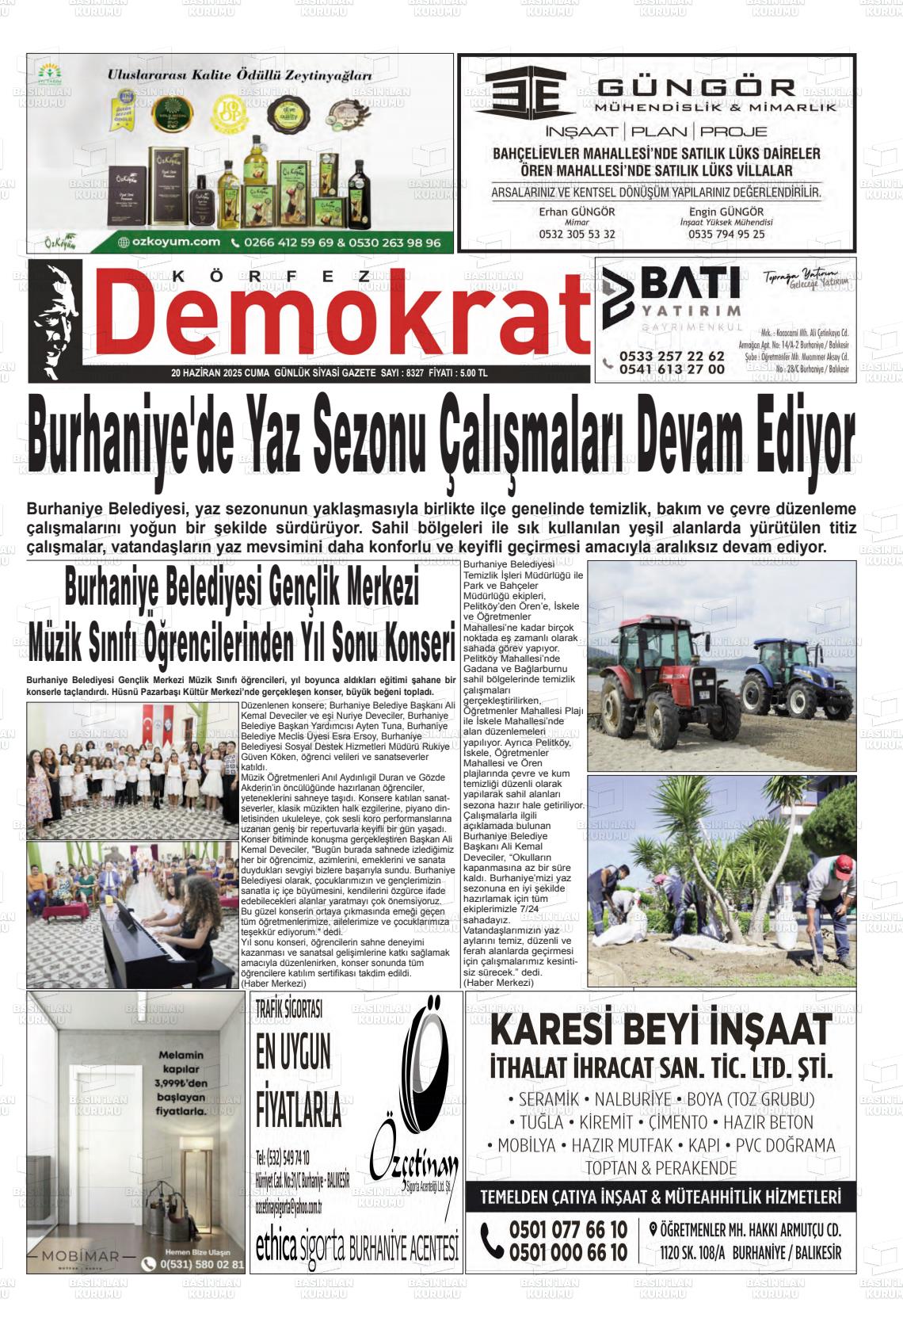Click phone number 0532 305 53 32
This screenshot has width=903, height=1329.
tap(577, 234)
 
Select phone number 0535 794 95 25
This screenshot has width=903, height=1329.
tap(726, 234)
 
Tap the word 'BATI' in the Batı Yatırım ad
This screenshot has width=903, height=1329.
tap(689, 283)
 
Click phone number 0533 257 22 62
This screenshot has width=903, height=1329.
tap(672, 356)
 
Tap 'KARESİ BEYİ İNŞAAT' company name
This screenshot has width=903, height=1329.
tap(661, 1030)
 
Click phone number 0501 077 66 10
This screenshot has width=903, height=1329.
tap(567, 1229)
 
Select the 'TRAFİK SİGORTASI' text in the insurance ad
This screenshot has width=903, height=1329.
tap(289, 1009)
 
